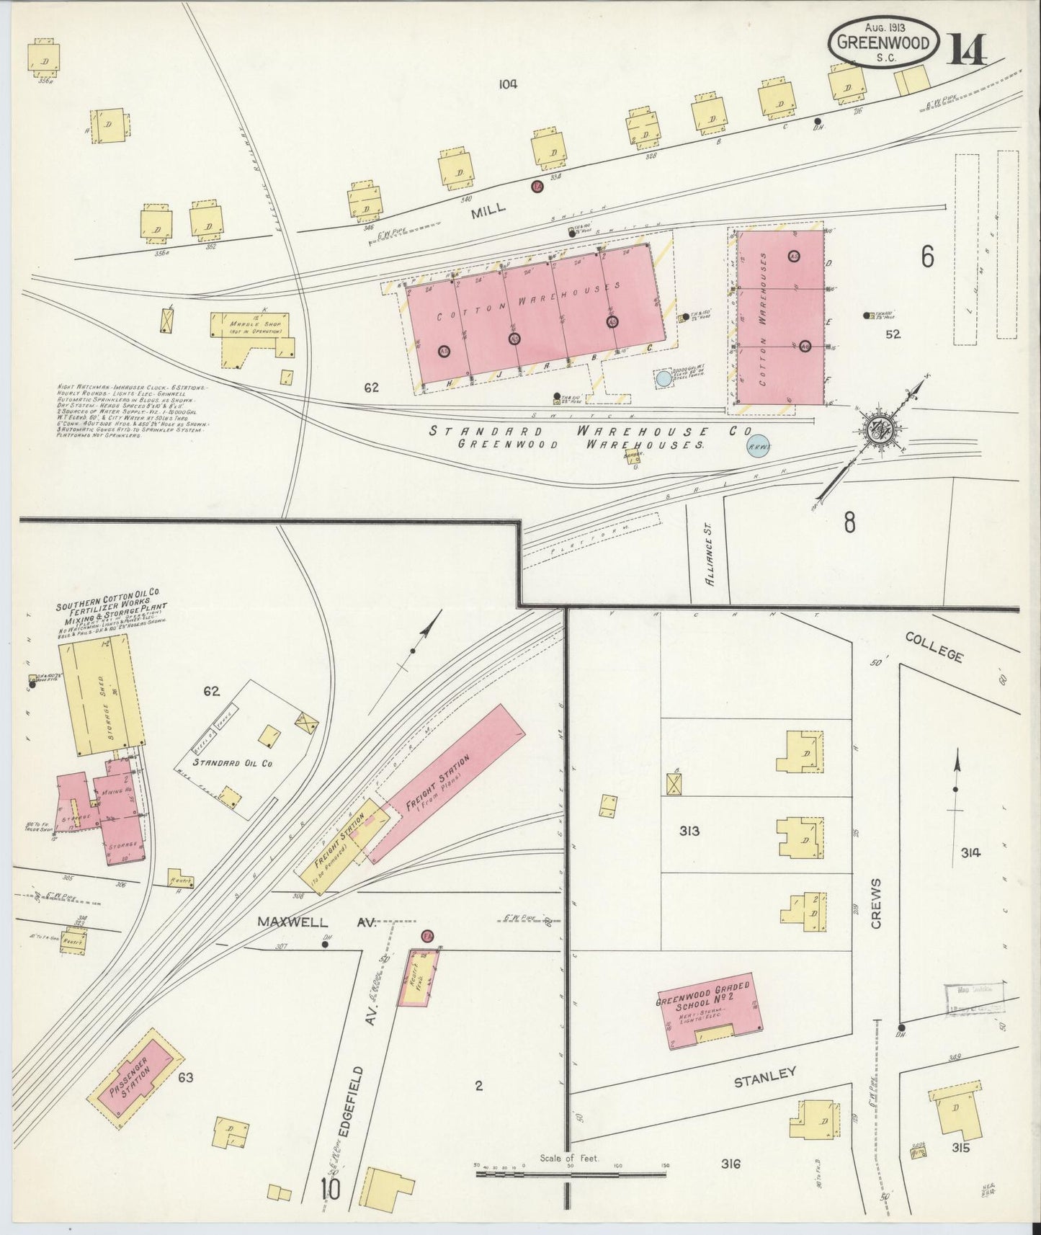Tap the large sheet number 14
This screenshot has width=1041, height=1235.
click(x=968, y=48)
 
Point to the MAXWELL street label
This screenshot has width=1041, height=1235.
click(x=292, y=922)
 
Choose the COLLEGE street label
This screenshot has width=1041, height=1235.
click(x=934, y=646)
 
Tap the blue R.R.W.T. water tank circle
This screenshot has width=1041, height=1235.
click(x=757, y=447)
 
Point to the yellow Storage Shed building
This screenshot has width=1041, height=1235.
click(x=101, y=697)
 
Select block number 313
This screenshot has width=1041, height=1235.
click(x=689, y=831)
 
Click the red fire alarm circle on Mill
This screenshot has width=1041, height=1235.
click(x=537, y=187)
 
